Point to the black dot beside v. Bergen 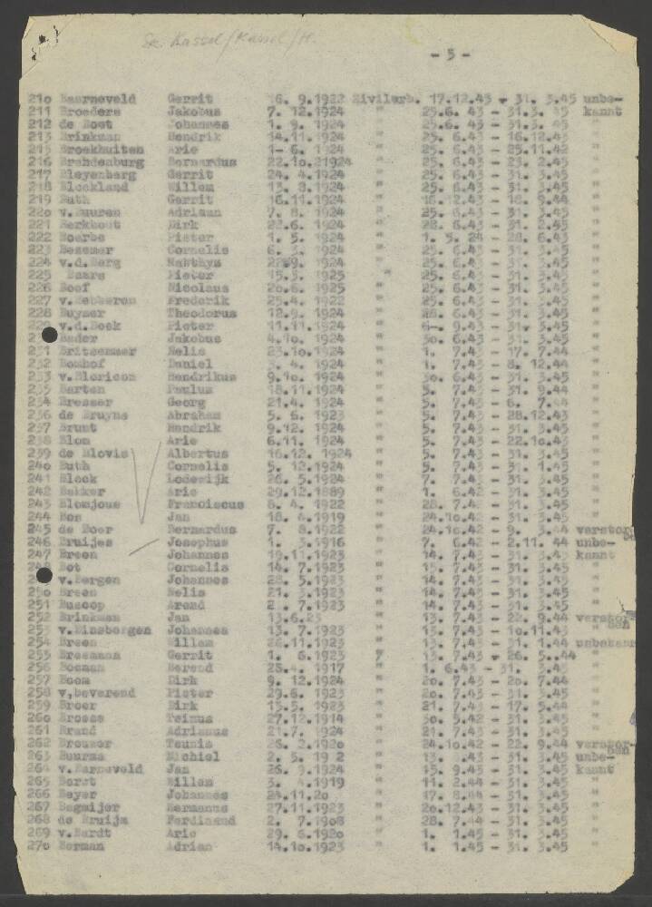point(43,575)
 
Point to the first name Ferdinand point(200,820)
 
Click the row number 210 point(41,97)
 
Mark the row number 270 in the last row point(41,845)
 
